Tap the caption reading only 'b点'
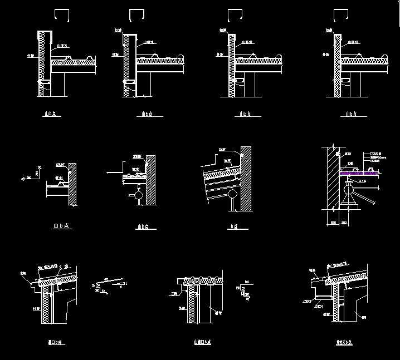[234, 226]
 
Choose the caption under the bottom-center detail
[201, 342]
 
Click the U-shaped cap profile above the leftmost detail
[60, 15]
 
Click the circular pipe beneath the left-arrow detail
[136, 196]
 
